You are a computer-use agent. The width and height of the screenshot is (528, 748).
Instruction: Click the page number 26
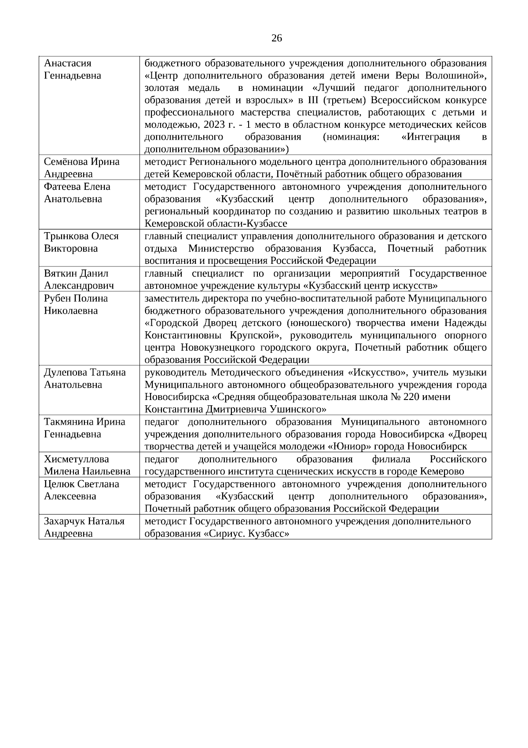click(x=277, y=38)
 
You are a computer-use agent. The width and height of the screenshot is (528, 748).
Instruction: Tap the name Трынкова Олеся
click(x=81, y=236)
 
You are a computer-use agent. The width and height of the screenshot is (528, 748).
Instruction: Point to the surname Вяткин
click(x=59, y=274)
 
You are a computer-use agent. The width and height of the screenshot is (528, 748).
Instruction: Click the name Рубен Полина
click(x=76, y=298)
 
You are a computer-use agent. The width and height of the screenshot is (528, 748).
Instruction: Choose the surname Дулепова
click(x=65, y=372)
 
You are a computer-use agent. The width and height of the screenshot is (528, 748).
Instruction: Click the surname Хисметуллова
click(x=77, y=459)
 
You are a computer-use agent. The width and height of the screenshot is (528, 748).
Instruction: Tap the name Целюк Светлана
click(x=81, y=484)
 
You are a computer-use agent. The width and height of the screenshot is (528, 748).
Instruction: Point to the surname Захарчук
click(x=64, y=521)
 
